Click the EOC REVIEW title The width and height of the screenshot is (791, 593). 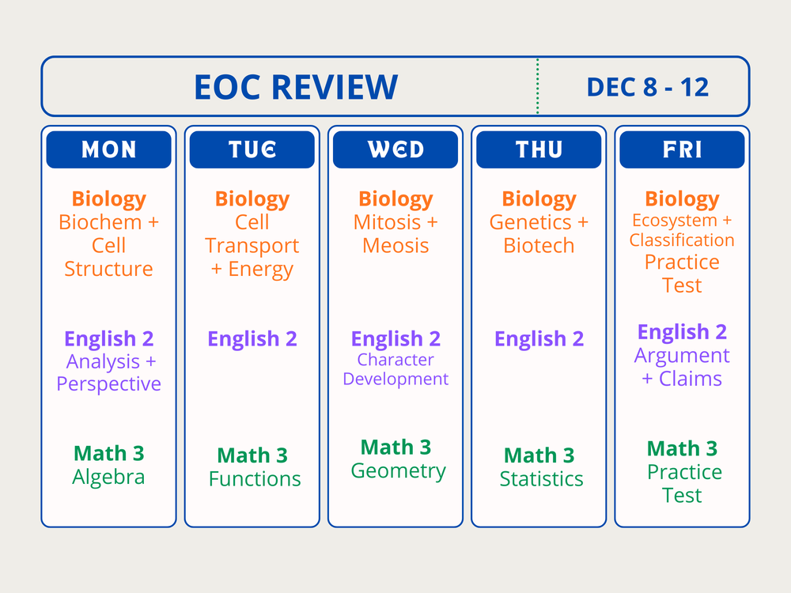tap(295, 87)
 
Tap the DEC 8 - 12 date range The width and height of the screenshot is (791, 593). tap(648, 87)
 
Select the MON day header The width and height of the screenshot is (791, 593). tap(108, 149)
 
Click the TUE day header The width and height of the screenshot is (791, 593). tap(252, 149)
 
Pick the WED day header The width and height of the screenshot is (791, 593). tap(395, 149)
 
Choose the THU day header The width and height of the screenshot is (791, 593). tap(539, 149)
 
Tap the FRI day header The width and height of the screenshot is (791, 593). tap(682, 149)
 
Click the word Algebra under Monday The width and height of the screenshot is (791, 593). tap(108, 478)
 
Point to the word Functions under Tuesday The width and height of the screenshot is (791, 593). tap(255, 479)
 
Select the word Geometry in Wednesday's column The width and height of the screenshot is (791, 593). tap(398, 471)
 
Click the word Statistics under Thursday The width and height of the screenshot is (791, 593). tap(541, 479)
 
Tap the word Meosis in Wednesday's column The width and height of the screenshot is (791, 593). tap(395, 246)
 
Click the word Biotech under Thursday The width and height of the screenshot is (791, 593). tap(539, 246)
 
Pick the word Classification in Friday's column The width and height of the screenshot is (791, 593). tap(682, 240)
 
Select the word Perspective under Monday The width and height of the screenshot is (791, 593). tap(108, 384)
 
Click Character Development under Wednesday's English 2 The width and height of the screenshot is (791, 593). tap(395, 369)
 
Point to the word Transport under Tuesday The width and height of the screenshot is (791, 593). tap(252, 246)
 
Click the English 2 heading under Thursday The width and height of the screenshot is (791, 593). tap(539, 339)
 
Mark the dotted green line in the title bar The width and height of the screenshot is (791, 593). tap(538, 87)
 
